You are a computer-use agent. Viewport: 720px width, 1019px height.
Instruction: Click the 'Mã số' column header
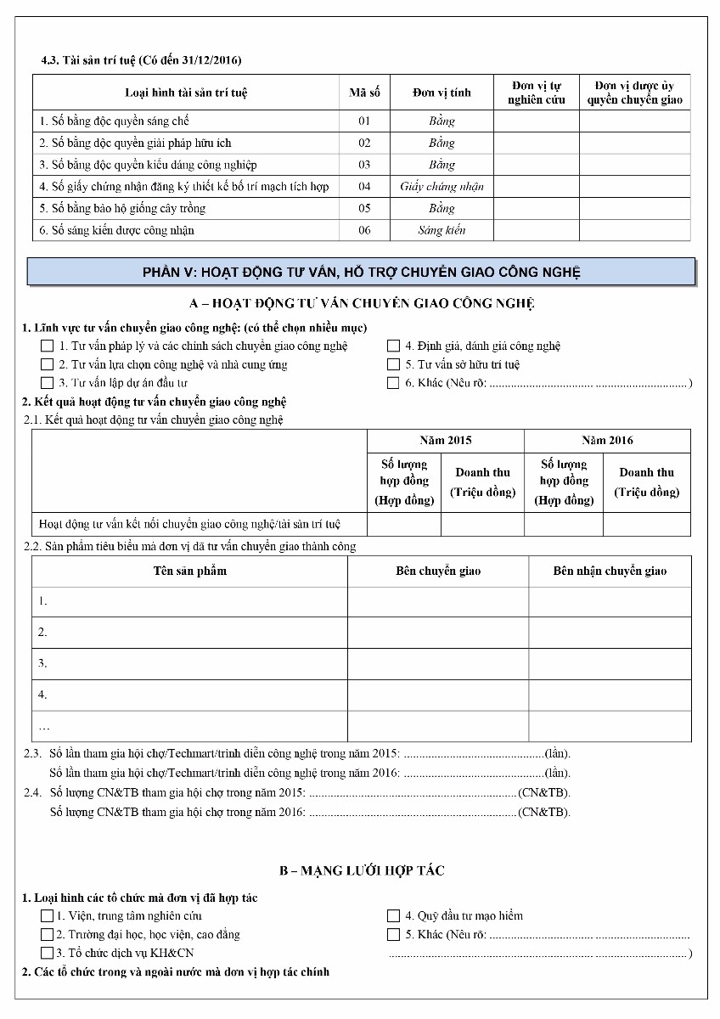click(x=364, y=93)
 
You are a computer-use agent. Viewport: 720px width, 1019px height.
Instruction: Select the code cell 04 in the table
click(x=364, y=186)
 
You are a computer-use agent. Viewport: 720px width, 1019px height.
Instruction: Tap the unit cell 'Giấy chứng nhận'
click(x=442, y=186)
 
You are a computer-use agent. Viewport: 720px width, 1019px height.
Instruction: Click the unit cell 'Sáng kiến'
click(x=442, y=230)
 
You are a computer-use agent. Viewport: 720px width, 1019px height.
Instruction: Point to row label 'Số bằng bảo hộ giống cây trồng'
click(x=122, y=208)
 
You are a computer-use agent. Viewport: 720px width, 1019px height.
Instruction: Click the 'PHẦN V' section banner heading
click(x=361, y=272)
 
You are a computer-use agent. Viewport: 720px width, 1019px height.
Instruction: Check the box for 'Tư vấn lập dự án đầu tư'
click(x=48, y=383)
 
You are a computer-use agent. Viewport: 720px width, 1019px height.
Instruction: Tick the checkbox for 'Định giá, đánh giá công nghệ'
click(x=393, y=346)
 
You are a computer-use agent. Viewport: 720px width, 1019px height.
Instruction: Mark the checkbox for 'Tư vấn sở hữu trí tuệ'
click(x=393, y=364)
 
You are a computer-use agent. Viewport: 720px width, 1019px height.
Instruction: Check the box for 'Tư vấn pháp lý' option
click(x=48, y=346)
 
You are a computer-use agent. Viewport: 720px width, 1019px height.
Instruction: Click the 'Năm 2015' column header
click(x=446, y=440)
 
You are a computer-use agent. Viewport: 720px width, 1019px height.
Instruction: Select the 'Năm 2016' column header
click(x=607, y=440)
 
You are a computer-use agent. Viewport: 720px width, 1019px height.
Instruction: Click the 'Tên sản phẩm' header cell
click(x=189, y=571)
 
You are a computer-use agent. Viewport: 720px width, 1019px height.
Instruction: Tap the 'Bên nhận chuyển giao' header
click(x=610, y=571)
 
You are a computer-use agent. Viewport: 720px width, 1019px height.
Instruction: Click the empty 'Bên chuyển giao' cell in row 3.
click(x=438, y=663)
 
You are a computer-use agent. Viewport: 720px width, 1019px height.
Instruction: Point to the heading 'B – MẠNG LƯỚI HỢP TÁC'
click(x=362, y=870)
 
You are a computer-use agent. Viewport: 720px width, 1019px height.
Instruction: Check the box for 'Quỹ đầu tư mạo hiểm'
click(x=393, y=916)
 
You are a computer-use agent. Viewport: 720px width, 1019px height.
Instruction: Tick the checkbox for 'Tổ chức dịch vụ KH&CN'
click(x=48, y=954)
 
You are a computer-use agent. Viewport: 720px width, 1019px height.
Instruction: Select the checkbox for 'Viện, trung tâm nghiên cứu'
click(x=48, y=916)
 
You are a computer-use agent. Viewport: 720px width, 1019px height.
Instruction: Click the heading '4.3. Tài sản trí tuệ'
click(x=141, y=60)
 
